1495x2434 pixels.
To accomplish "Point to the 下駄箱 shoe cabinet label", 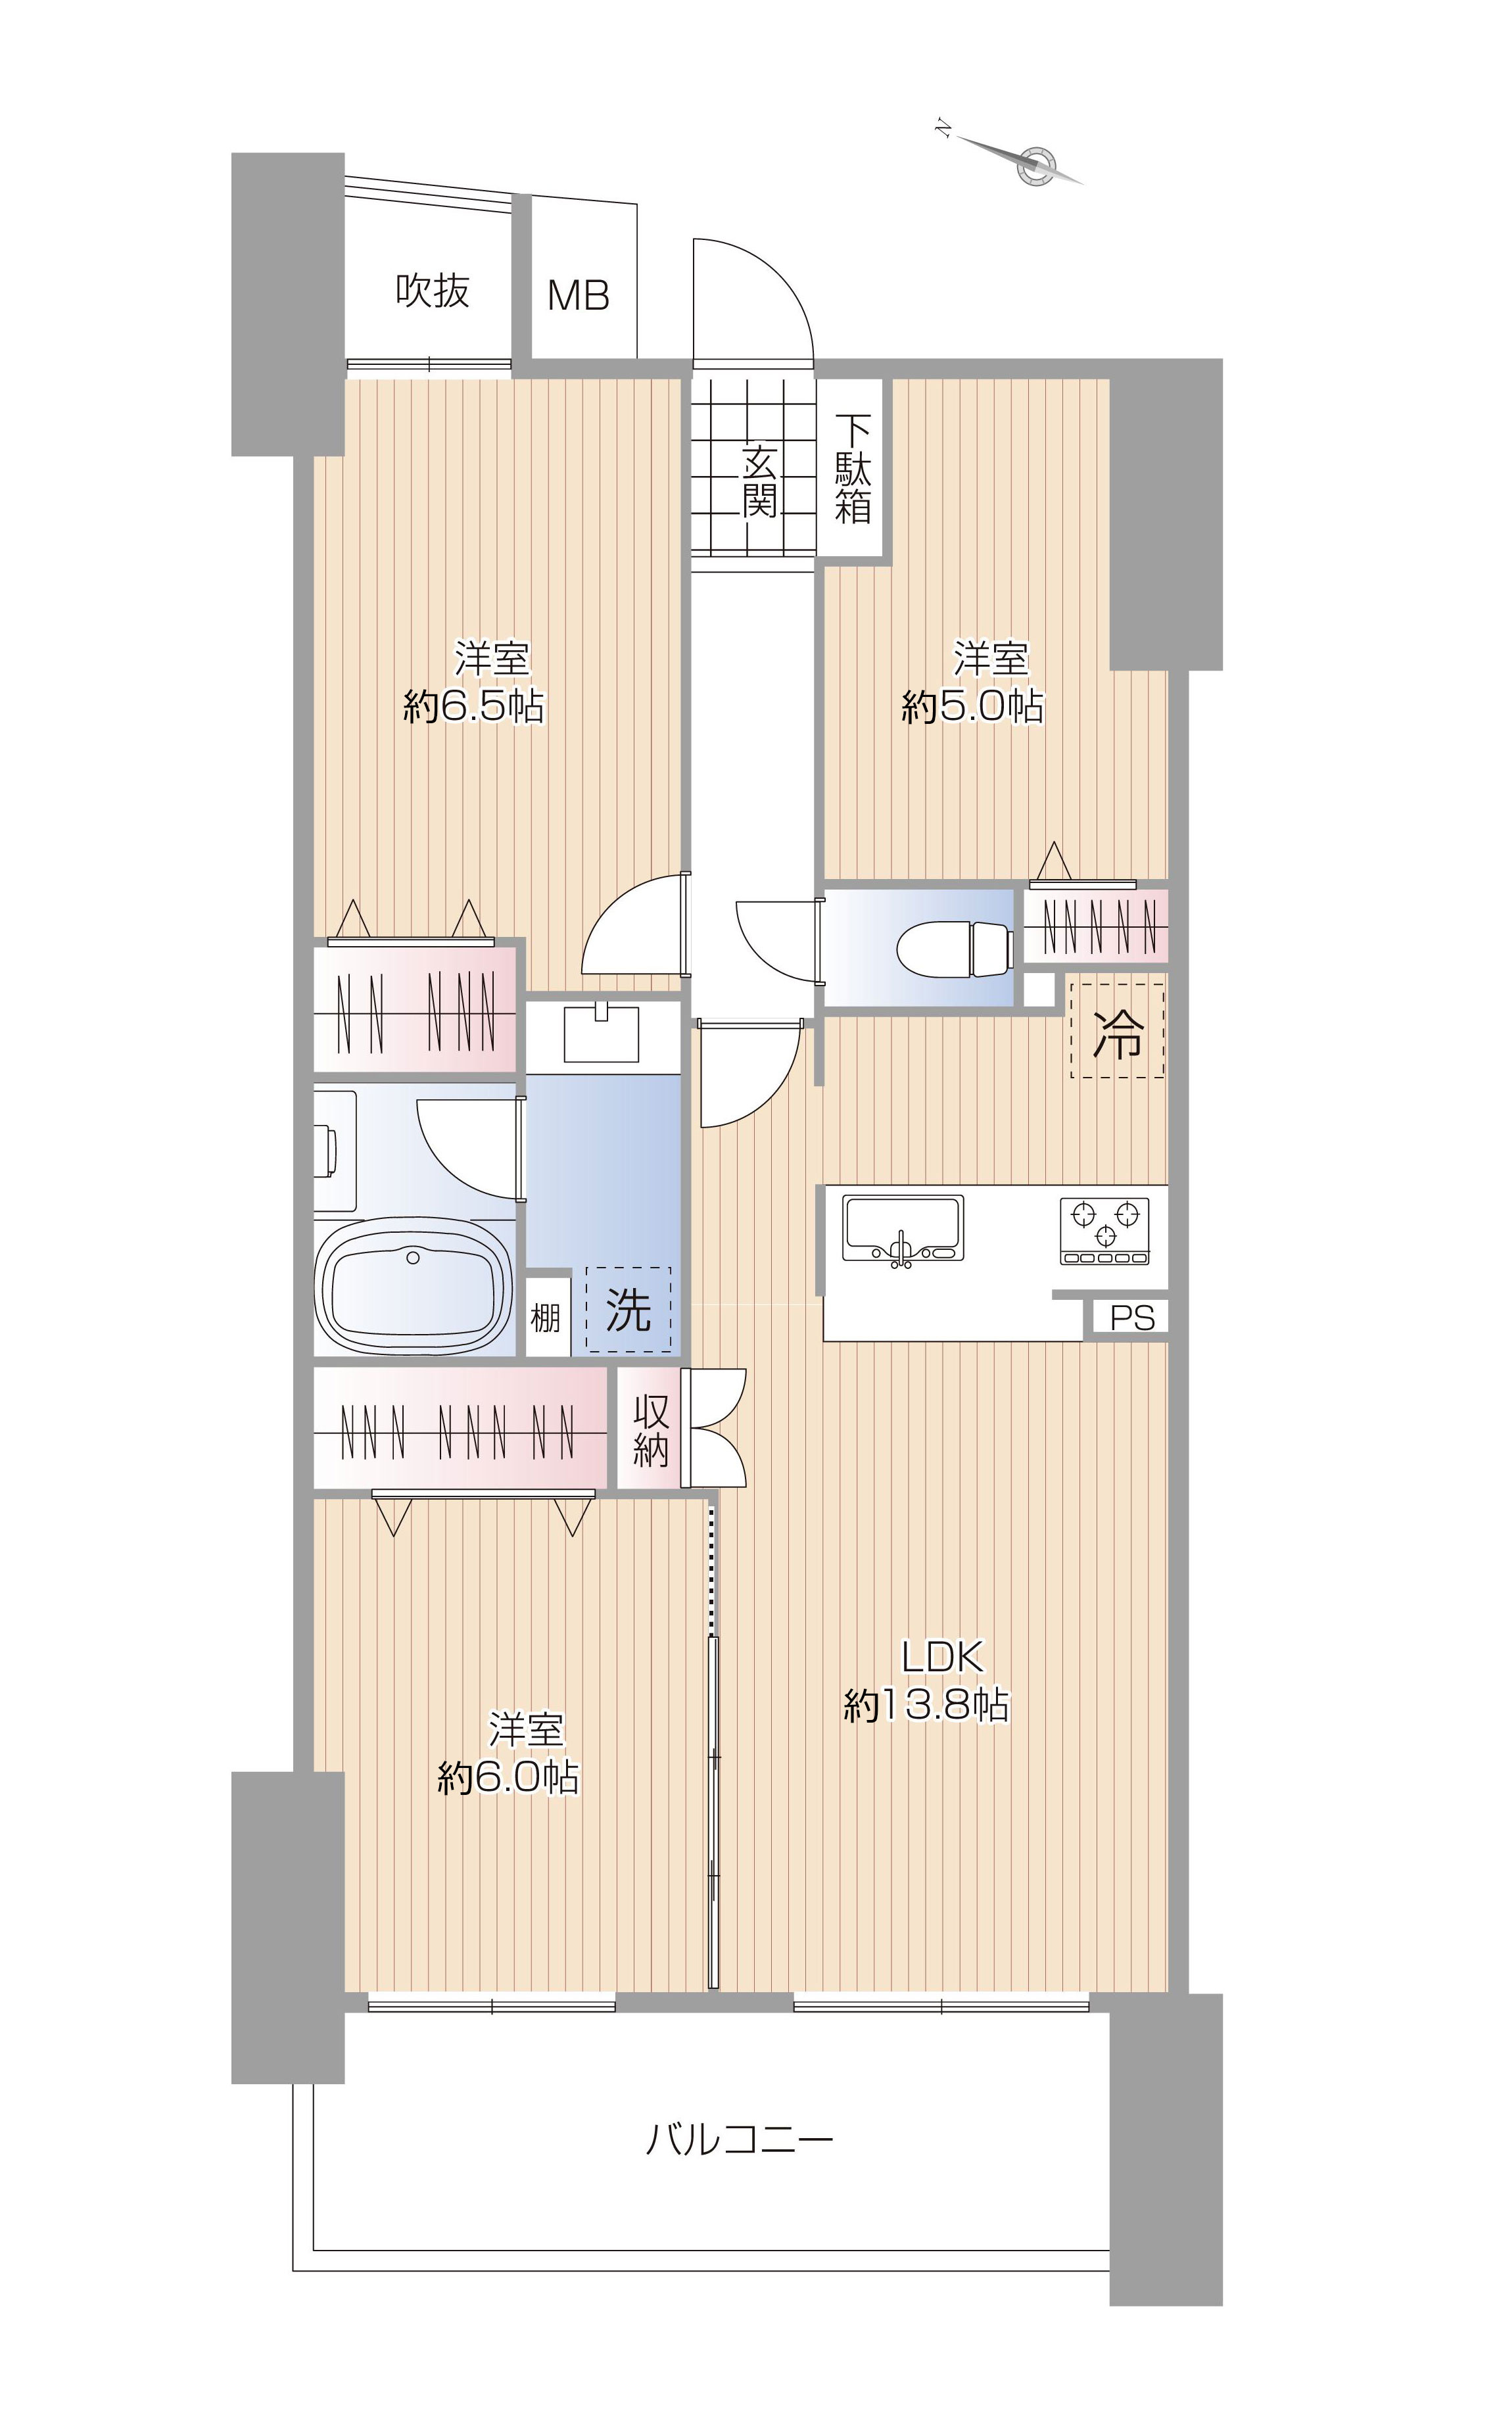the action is [853, 469].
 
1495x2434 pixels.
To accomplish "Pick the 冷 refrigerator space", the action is [1117, 1030].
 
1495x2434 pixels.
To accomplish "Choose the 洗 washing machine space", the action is [628, 1309].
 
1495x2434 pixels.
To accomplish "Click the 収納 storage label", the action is [651, 1429].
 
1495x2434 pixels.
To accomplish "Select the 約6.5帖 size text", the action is [473, 706].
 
